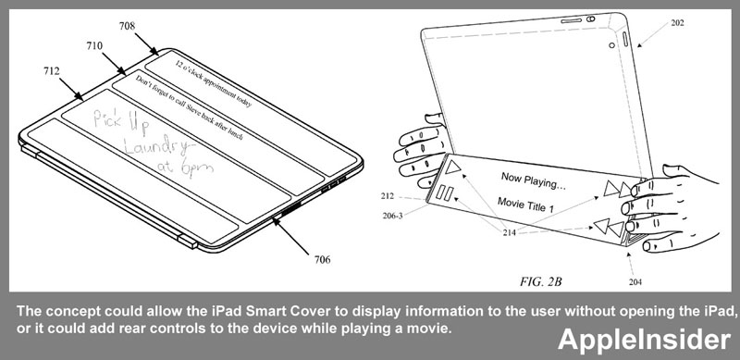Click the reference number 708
point(127,26)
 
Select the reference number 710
point(94,46)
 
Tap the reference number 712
point(52,71)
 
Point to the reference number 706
point(322,259)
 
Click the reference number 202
point(677,23)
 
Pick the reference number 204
point(635,282)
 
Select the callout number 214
point(509,232)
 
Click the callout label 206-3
point(392,217)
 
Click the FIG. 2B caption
point(541,282)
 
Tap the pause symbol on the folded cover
point(445,194)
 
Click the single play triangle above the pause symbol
point(452,168)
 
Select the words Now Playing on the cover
point(534,180)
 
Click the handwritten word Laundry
point(154,145)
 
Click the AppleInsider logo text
point(645,340)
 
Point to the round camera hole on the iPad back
point(611,45)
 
